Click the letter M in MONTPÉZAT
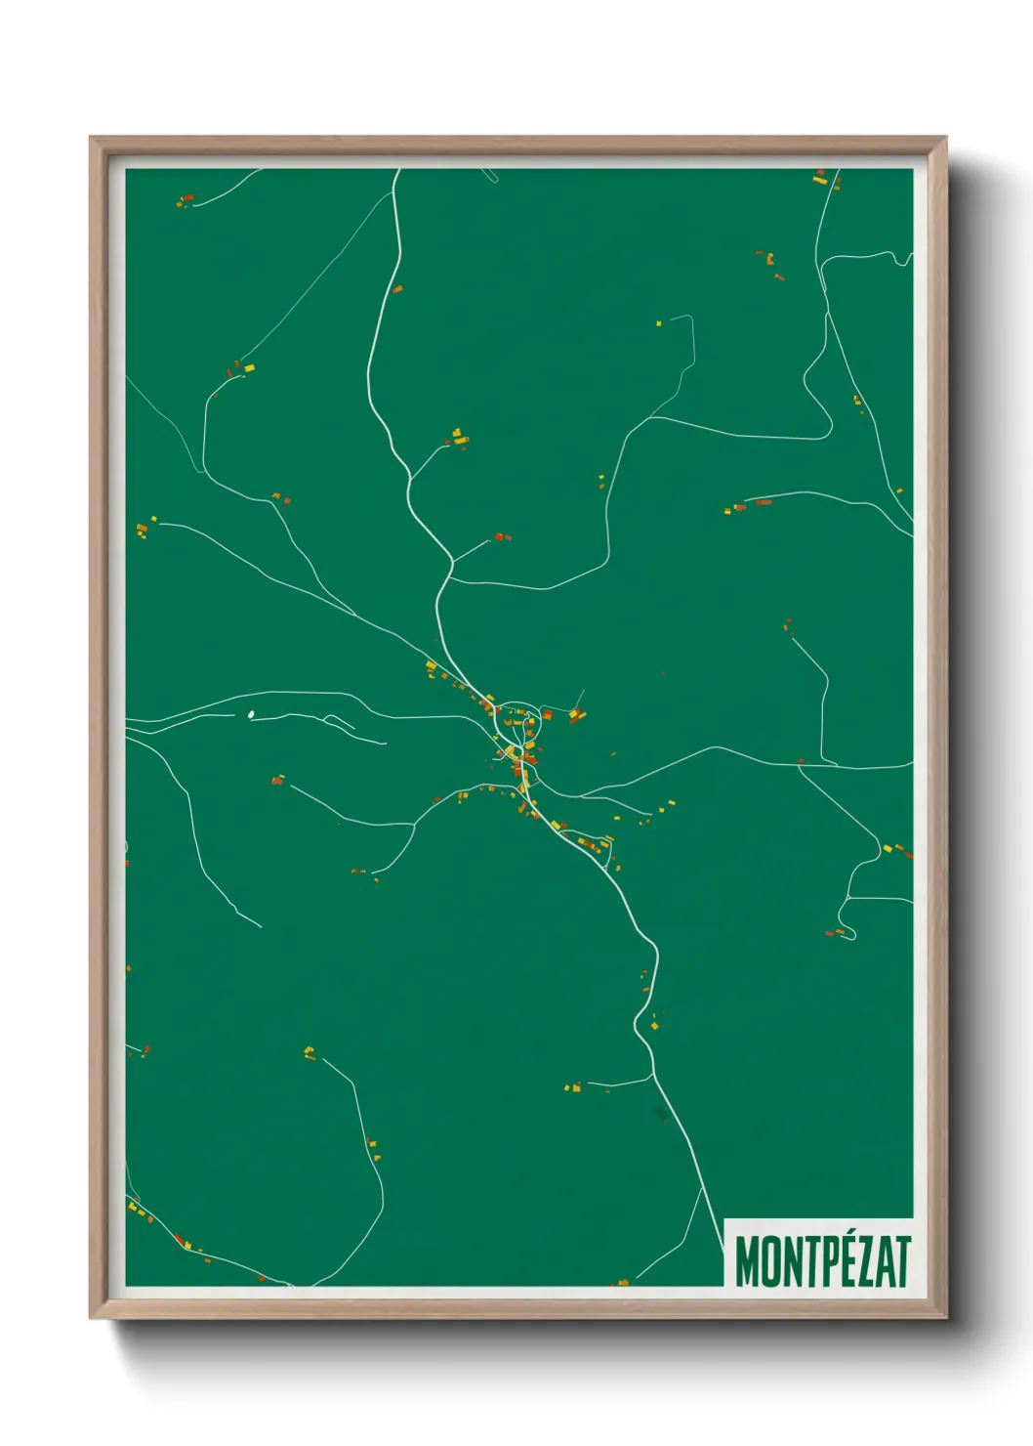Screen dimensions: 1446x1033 pyautogui.click(x=747, y=1261)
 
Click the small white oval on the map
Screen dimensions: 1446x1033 pyautogui.click(x=251, y=714)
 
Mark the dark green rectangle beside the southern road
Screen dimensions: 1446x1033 pyautogui.click(x=661, y=1113)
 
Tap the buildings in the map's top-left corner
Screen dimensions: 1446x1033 pyautogui.click(x=185, y=201)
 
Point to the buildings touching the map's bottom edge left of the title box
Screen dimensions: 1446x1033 pyautogui.click(x=622, y=1281)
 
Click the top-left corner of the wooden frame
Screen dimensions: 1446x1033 pyautogui.click(x=92, y=139)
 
